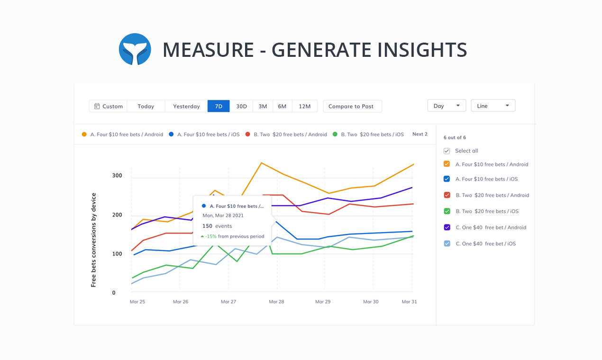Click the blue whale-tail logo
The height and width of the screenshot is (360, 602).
click(135, 49)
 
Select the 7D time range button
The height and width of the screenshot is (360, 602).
click(219, 106)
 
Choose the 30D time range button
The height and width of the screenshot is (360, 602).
click(241, 106)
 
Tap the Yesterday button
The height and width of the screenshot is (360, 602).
click(186, 106)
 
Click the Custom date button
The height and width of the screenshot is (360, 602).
click(109, 106)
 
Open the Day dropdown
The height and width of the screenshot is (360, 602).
click(447, 106)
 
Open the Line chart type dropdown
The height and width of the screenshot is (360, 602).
click(493, 106)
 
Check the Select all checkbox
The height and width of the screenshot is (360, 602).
click(447, 151)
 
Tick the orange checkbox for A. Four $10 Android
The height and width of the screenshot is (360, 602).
click(447, 164)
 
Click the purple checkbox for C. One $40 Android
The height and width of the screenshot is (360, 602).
click(447, 227)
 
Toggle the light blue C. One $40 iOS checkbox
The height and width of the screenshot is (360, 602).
click(447, 243)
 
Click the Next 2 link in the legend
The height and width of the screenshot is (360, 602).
click(420, 134)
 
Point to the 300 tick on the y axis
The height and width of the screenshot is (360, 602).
click(117, 176)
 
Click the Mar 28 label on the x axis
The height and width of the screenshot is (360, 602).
click(276, 302)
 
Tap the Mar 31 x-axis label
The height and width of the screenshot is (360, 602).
click(409, 302)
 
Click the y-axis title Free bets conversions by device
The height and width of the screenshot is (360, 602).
click(93, 240)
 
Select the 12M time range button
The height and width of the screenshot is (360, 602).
click(305, 106)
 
